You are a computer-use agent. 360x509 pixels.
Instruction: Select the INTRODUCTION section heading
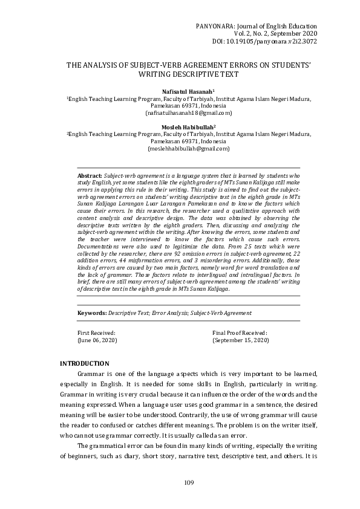click(x=84, y=363)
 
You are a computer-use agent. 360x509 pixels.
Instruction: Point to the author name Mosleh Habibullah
click(x=180, y=127)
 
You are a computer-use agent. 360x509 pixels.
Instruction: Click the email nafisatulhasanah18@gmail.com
click(x=180, y=112)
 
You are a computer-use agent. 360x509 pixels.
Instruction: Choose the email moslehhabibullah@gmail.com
click(x=180, y=148)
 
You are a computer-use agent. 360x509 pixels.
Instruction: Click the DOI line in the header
click(x=264, y=41)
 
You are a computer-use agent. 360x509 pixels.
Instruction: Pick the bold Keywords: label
click(x=91, y=313)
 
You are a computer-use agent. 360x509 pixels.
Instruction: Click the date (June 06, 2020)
click(x=97, y=341)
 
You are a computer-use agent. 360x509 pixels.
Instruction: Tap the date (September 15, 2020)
click(x=241, y=341)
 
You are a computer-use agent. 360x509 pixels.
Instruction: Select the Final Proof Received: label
click(x=240, y=333)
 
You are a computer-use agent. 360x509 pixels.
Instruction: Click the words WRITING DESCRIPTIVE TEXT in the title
click(x=180, y=75)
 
